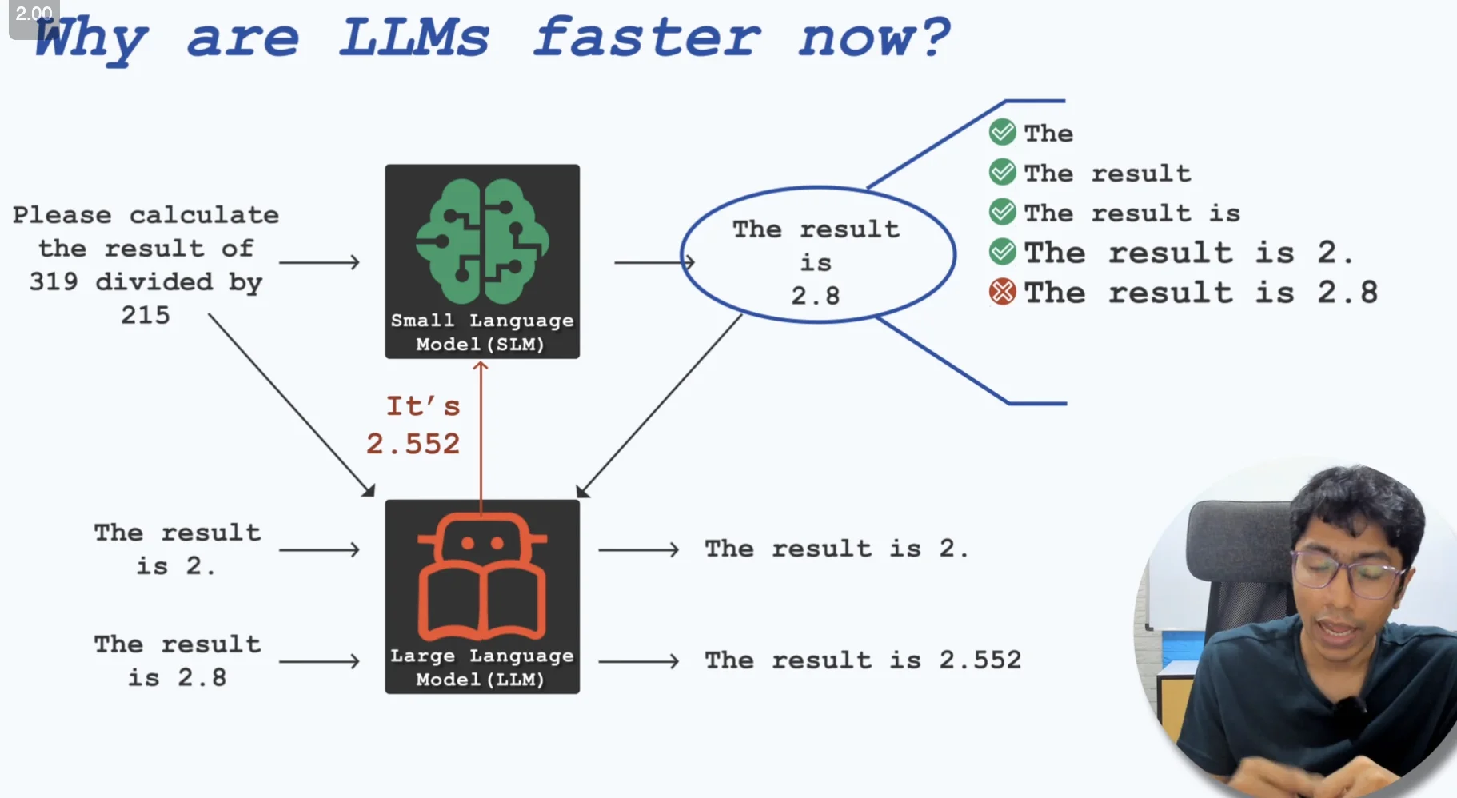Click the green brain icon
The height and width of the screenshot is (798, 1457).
481,240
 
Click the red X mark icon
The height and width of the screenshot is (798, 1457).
1002,292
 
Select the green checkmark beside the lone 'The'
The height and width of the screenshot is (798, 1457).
1002,132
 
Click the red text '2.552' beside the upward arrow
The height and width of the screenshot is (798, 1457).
413,444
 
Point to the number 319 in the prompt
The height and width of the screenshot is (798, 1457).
54,282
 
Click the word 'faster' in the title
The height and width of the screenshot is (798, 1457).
647,38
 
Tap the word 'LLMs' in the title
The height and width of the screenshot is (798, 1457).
414,38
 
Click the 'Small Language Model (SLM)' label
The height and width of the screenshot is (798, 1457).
481,332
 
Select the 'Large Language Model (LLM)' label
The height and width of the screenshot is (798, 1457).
481,667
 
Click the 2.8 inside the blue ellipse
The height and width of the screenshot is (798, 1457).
816,296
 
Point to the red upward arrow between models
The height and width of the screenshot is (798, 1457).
481,432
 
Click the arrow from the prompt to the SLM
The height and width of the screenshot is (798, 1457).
320,262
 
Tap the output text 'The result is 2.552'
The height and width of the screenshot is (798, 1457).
863,660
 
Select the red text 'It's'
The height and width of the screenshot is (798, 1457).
423,406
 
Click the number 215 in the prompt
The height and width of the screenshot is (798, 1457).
146,315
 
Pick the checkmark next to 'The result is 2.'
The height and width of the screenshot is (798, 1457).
1002,252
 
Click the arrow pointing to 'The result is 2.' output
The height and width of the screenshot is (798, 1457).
639,549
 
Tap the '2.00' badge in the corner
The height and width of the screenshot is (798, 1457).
33,14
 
